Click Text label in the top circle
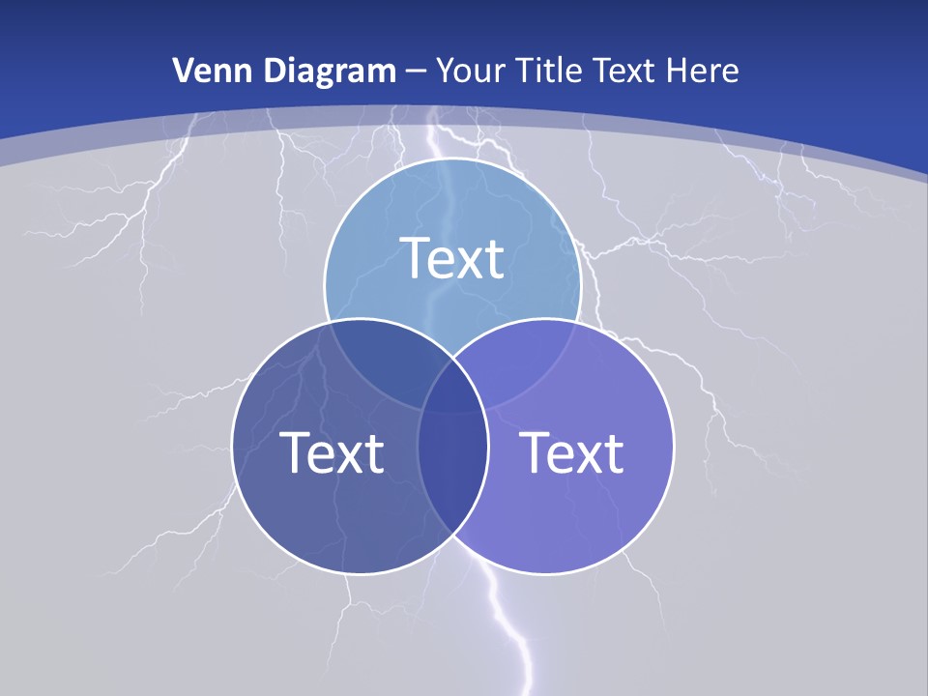pos(452,258)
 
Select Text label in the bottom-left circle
pos(332,452)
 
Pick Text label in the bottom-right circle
pos(572,452)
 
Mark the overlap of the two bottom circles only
pos(453,474)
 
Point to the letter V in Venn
pos(183,71)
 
